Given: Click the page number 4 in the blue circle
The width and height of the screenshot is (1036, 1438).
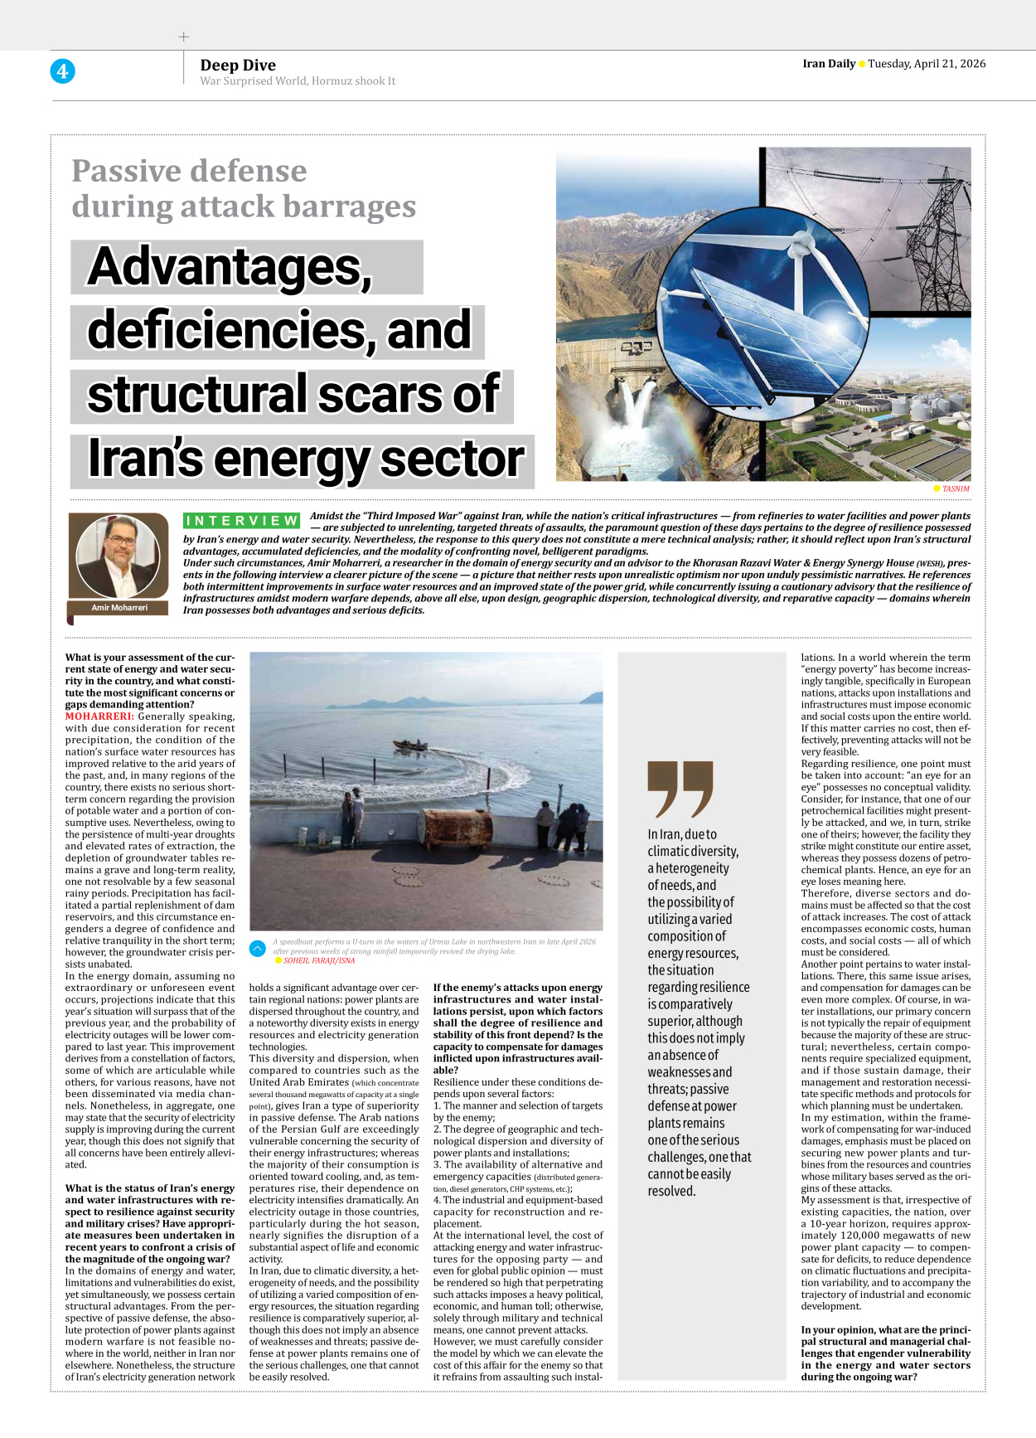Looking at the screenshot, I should [62, 71].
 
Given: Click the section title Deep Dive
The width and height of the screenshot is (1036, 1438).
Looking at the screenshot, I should [238, 65].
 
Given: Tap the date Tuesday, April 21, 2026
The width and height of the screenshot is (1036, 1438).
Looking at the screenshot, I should [927, 64].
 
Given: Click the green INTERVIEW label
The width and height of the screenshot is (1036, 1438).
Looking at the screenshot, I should [241, 521].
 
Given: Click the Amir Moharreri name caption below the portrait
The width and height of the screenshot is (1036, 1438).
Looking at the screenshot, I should [119, 608].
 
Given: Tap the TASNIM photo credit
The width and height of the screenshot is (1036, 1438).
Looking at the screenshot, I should [955, 488].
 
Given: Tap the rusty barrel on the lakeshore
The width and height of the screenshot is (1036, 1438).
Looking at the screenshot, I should [457, 827].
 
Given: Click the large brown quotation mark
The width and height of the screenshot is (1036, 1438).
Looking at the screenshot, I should [680, 789].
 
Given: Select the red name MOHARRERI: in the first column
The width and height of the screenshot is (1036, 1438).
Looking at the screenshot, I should [99, 717].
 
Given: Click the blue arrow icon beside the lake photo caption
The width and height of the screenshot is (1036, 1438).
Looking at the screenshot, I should [258, 947].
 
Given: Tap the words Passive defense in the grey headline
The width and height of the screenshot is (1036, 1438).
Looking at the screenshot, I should [189, 171].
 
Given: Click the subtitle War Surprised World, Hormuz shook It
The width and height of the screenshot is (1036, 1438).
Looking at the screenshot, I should [298, 81].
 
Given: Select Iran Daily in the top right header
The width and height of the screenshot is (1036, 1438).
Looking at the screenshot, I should [828, 64].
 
